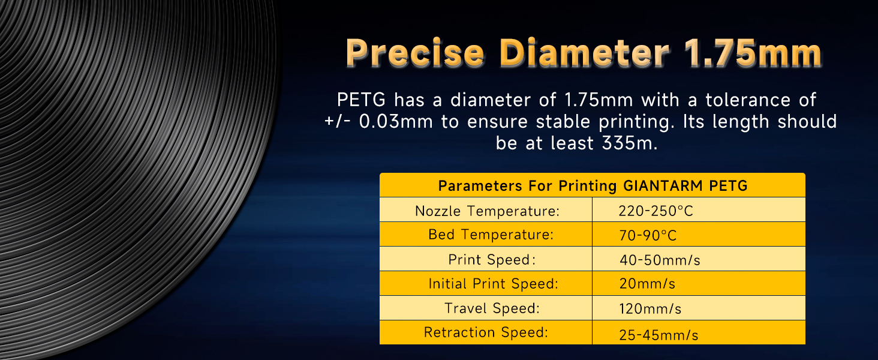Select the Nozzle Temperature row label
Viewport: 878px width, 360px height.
pyautogui.click(x=487, y=211)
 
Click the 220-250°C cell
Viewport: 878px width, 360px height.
pyautogui.click(x=656, y=211)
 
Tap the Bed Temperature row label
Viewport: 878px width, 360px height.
pyautogui.click(x=490, y=235)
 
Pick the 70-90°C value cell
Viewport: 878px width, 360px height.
pyautogui.click(x=648, y=235)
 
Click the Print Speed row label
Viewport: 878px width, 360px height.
pyautogui.click(x=490, y=260)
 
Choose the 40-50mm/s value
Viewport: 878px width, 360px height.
pyautogui.click(x=660, y=260)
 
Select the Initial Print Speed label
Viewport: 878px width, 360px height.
pyautogui.click(x=493, y=284)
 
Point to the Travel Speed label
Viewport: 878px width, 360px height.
pyautogui.click(x=492, y=308)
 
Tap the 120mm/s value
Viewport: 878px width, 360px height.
pyautogui.click(x=650, y=309)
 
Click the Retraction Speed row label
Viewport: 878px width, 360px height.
pyautogui.click(x=486, y=332)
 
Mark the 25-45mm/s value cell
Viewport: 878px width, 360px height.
pyautogui.click(x=659, y=335)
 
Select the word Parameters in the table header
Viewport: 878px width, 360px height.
pyautogui.click(x=480, y=185)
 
